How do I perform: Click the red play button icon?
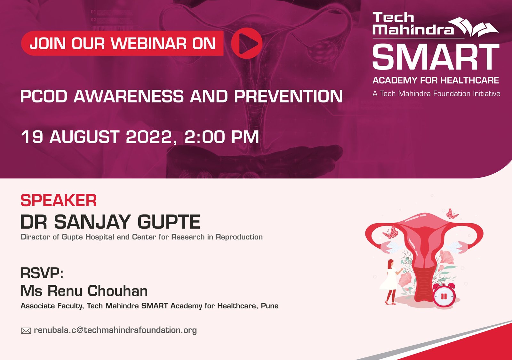tap(247, 43)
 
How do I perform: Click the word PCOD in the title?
tap(44, 96)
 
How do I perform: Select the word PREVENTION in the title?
tap(288, 96)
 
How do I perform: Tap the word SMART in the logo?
tap(436, 56)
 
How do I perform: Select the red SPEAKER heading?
tap(59, 200)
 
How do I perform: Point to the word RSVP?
tap(42, 273)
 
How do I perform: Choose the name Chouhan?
tap(118, 291)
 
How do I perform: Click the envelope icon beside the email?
tap(26, 331)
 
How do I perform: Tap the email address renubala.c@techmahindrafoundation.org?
tap(115, 330)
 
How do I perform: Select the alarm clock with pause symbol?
tap(444, 295)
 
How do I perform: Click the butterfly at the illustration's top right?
tap(452, 214)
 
